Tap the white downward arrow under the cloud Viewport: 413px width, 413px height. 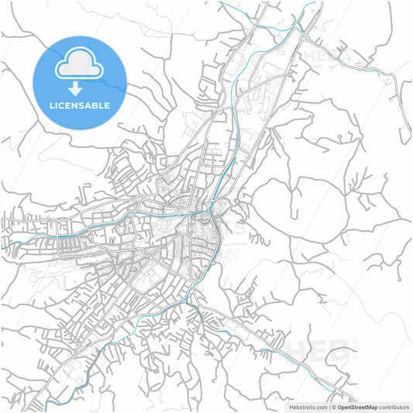click(80, 87)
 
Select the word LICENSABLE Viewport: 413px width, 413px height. click(80, 105)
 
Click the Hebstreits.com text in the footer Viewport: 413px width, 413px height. click(305, 406)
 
